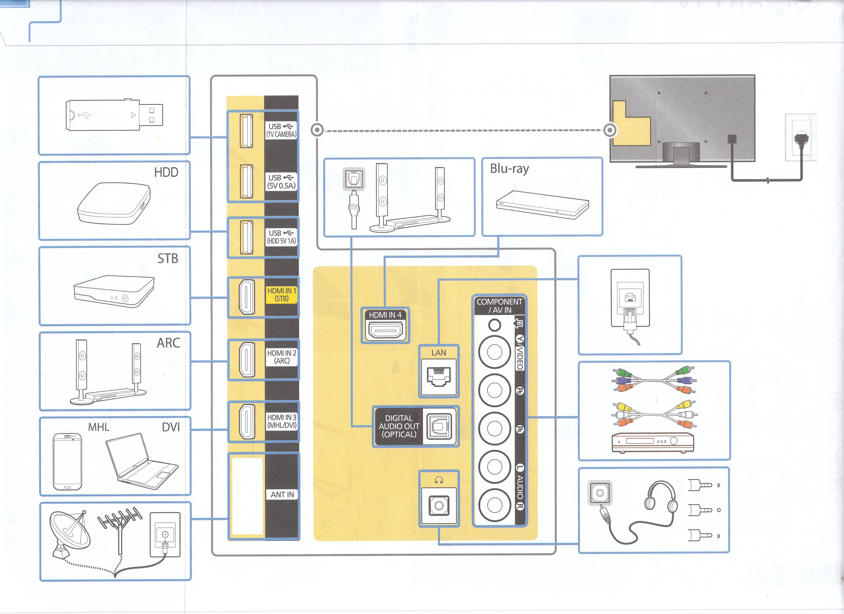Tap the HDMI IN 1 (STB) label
pos(281,294)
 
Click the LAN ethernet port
pos(439,377)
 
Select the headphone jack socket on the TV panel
pos(439,505)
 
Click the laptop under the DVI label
pos(142,461)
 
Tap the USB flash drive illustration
pos(114,115)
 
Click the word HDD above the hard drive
pos(166,173)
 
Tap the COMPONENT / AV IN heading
pos(499,305)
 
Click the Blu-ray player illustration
pos(542,205)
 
